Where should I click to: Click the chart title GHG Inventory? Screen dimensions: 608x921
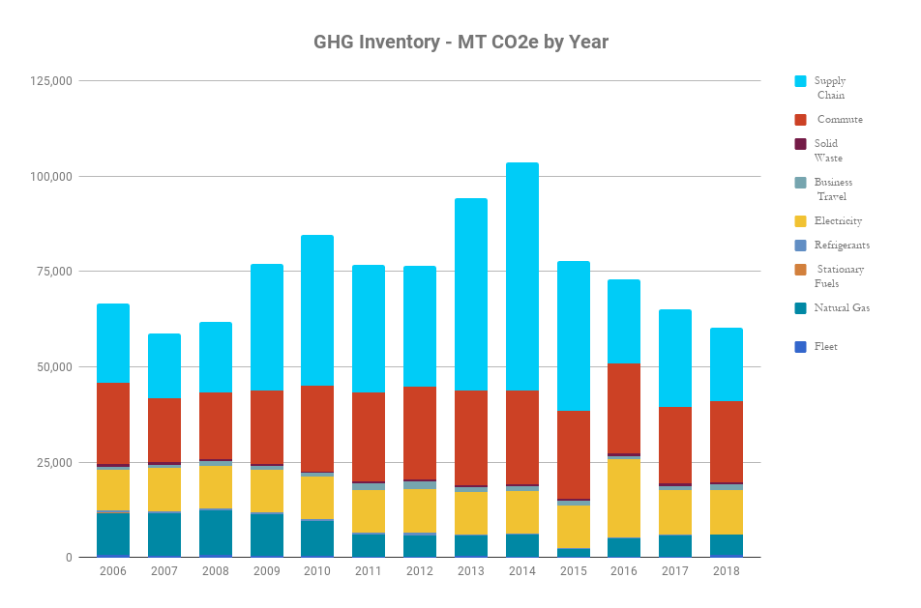pos(460,43)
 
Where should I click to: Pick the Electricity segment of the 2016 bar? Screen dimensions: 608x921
pos(624,497)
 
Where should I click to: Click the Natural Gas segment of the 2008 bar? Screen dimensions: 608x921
pos(215,532)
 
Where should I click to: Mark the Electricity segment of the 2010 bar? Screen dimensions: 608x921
pos(317,497)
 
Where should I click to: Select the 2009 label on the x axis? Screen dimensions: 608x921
pos(266,571)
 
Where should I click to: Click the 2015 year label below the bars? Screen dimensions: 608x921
pos(573,571)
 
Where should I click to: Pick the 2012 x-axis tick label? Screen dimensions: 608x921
pos(420,571)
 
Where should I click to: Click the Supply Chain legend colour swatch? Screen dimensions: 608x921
pos(800,82)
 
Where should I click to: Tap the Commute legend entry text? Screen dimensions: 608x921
pos(840,120)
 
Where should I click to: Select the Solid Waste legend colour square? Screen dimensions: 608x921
pos(800,144)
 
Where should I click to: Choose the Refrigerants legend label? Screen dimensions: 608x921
pos(842,246)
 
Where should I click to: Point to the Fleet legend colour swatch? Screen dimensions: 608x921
pos(800,347)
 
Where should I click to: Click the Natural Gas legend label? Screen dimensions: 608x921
pos(842,308)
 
